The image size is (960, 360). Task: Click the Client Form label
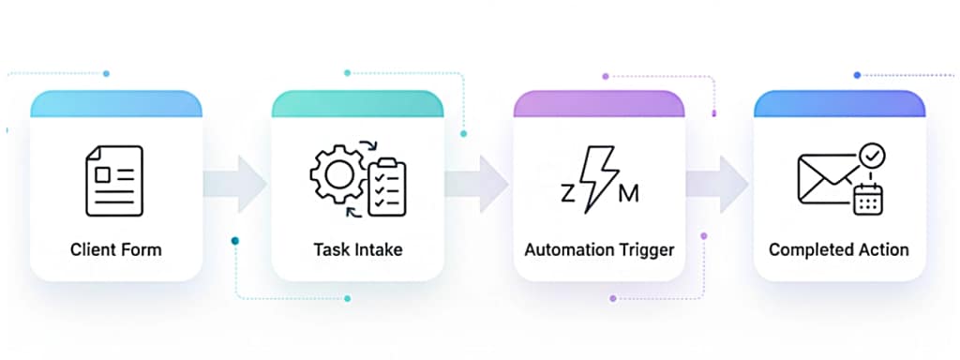pyautogui.click(x=115, y=249)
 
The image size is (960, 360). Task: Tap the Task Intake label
pyautogui.click(x=357, y=249)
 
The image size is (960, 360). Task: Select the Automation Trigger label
pyautogui.click(x=598, y=249)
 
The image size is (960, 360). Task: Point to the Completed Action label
pyautogui.click(x=838, y=249)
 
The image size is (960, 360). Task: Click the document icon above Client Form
pyautogui.click(x=114, y=180)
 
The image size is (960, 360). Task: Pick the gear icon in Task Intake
pyautogui.click(x=335, y=174)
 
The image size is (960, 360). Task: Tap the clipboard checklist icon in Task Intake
pyautogui.click(x=386, y=187)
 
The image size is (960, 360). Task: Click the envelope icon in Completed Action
pyautogui.click(x=826, y=178)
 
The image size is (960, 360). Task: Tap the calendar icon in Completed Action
pyautogui.click(x=868, y=199)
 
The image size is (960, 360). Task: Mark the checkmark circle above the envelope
pyautogui.click(x=873, y=154)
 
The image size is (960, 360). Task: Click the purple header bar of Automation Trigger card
pyautogui.click(x=598, y=103)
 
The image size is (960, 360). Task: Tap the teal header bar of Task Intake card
pyautogui.click(x=357, y=103)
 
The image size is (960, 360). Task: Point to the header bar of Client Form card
pyautogui.click(x=115, y=103)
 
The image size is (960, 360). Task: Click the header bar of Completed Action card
pyautogui.click(x=839, y=103)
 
